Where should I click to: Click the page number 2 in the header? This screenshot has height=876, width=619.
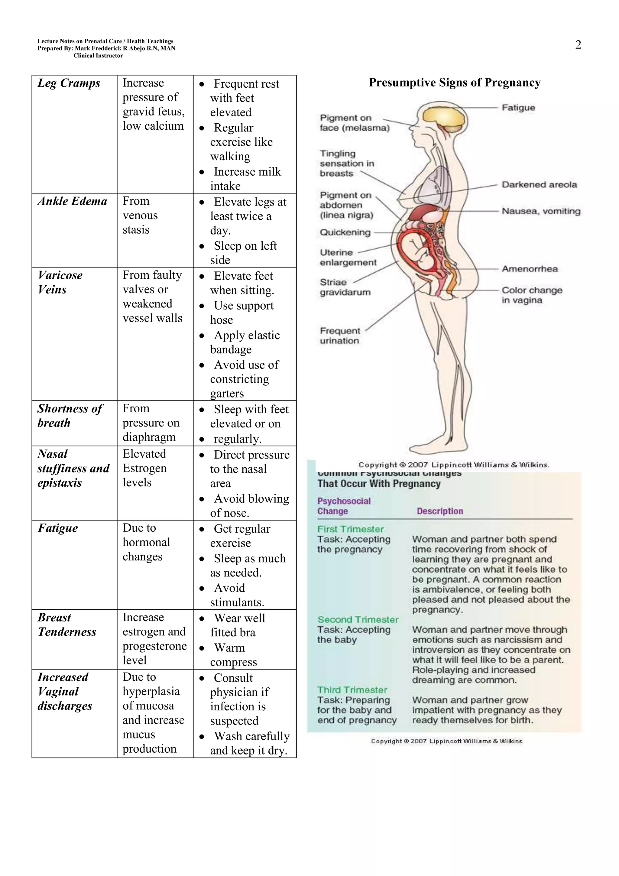tap(578, 45)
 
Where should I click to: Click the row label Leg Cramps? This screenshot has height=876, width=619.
tap(69, 83)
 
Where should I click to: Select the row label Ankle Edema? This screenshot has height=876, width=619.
tap(72, 201)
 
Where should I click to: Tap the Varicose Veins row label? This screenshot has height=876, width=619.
tap(60, 282)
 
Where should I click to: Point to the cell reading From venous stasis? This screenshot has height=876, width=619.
tap(140, 215)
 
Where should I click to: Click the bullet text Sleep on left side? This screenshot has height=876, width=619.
tap(243, 253)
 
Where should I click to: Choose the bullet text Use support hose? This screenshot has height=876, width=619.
tap(242, 313)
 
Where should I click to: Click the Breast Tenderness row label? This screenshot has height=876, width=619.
tap(67, 625)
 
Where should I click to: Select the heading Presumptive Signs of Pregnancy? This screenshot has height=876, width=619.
tap(455, 83)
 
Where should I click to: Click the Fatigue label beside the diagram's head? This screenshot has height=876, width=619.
tap(518, 108)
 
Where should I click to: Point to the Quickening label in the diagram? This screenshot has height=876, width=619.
tap(345, 232)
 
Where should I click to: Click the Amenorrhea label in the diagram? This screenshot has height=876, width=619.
tap(529, 269)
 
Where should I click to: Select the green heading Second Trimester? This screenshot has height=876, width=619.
tap(358, 619)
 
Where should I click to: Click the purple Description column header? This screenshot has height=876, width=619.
tap(440, 511)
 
